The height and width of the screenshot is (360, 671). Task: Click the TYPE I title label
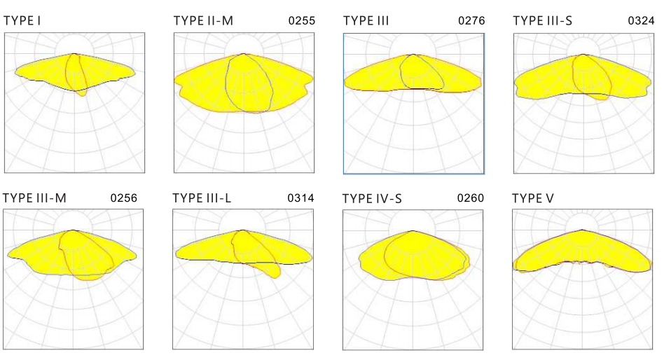click(22, 20)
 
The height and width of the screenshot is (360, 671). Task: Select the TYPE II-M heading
click(203, 20)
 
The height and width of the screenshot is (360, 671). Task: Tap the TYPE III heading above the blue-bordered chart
click(366, 20)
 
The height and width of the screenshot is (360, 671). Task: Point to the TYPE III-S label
click(542, 20)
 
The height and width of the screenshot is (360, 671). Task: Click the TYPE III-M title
click(34, 198)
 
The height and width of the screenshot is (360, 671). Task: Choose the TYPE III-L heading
click(202, 198)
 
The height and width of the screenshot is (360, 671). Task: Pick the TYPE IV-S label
click(372, 198)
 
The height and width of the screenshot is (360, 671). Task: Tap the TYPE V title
click(533, 198)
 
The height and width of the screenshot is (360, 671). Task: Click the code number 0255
click(302, 21)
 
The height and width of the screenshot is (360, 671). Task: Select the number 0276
click(471, 21)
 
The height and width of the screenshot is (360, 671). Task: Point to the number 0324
click(641, 21)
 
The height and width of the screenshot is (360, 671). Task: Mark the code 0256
click(123, 198)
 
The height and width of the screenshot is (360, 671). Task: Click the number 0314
click(300, 198)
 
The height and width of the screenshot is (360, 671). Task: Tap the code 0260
click(470, 198)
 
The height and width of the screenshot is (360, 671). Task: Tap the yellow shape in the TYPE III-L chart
click(210, 249)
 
